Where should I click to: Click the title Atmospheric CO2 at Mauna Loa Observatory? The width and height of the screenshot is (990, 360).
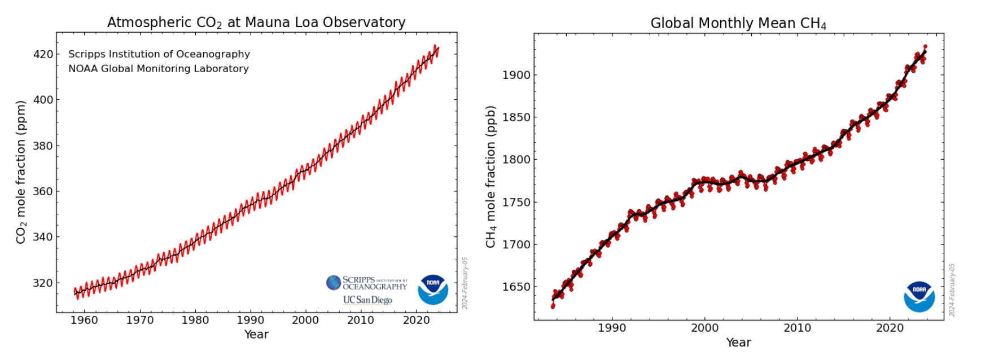point(256,23)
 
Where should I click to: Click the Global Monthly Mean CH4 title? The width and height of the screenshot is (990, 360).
point(738,23)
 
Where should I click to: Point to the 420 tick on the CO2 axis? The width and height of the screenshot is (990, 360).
point(43,55)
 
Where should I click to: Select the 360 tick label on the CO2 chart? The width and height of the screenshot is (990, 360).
point(43,191)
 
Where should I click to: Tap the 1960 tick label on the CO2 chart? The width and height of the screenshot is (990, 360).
point(84,320)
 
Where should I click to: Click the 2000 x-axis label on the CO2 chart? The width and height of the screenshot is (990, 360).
point(305,320)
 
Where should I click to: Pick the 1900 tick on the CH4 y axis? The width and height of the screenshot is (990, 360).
point(516,75)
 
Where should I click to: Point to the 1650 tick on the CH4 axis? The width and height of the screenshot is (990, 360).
point(516,287)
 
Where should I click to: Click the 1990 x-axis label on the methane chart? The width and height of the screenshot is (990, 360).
point(612,328)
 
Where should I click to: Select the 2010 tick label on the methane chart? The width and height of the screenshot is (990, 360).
point(797,328)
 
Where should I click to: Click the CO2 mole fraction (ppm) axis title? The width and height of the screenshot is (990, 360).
point(21,172)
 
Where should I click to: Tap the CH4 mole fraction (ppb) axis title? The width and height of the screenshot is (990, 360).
point(490,177)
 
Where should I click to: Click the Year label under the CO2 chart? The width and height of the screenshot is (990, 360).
point(256,334)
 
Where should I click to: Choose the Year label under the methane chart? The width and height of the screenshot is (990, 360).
point(738,342)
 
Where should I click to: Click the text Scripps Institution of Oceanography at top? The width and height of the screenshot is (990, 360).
point(159,54)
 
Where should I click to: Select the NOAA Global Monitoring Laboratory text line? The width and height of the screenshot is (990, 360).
point(159,69)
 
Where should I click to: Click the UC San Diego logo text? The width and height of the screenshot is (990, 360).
point(367,300)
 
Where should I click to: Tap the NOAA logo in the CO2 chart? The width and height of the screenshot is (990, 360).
point(433,289)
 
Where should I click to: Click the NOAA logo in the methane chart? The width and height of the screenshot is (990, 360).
point(919,296)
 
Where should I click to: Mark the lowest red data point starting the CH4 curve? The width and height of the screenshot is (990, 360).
point(553,306)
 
